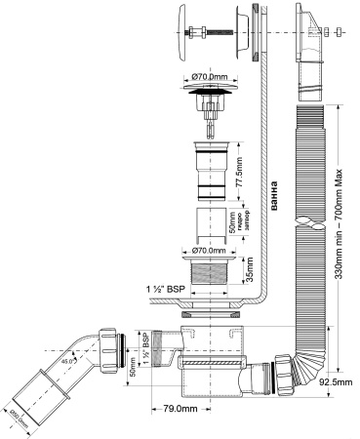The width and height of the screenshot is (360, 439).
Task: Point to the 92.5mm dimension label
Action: pyautogui.click(x=334, y=384)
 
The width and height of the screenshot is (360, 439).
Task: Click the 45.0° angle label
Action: pyautogui.click(x=69, y=364)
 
